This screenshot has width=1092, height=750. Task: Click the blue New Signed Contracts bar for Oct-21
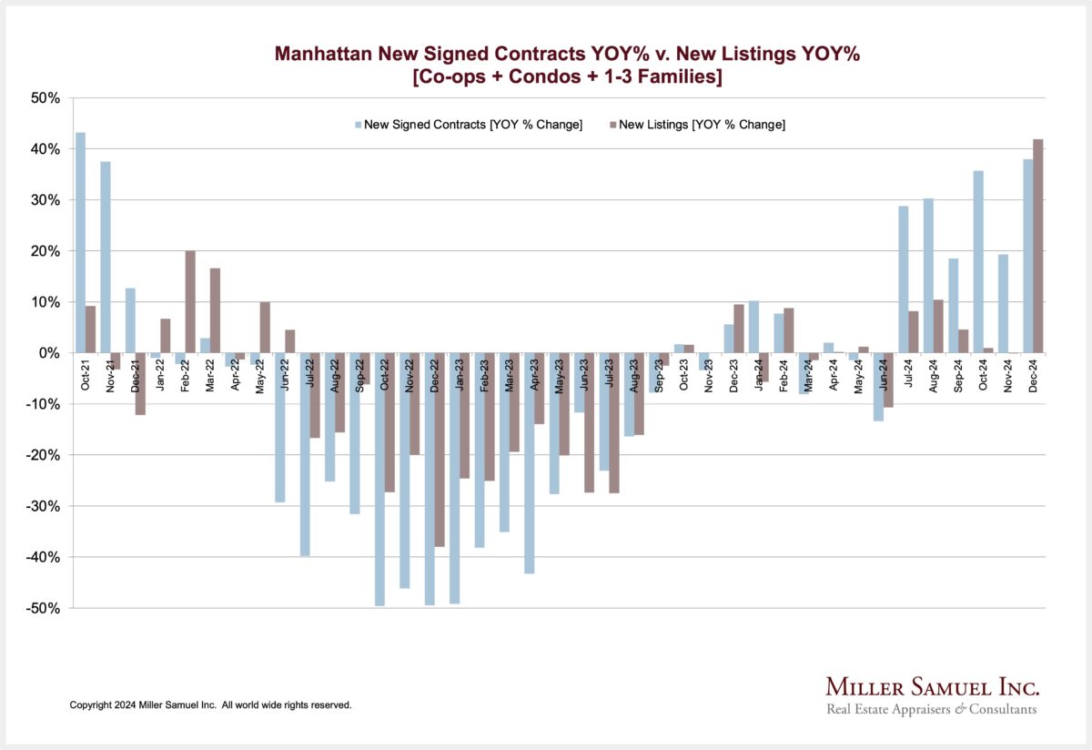[x=81, y=242]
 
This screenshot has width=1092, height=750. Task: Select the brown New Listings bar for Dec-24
[x=1038, y=246]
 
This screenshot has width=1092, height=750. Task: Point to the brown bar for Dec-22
[x=440, y=450]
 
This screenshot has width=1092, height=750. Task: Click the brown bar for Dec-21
[x=140, y=383]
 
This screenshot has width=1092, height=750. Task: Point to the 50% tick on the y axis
[x=45, y=98]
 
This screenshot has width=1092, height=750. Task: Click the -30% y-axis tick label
[x=42, y=506]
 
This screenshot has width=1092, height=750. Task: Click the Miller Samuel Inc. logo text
[x=932, y=686]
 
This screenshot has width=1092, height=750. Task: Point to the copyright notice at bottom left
[x=210, y=705]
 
